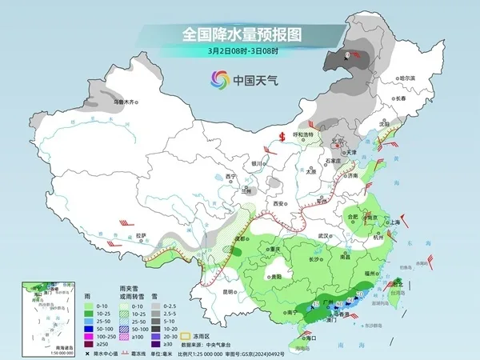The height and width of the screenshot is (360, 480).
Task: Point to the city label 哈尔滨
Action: coord(407,78)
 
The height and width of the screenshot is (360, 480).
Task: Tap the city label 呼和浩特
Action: coord(304,134)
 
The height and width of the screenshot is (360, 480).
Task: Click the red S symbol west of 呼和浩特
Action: coord(282,135)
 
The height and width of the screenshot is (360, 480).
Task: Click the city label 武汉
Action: coord(324,236)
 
